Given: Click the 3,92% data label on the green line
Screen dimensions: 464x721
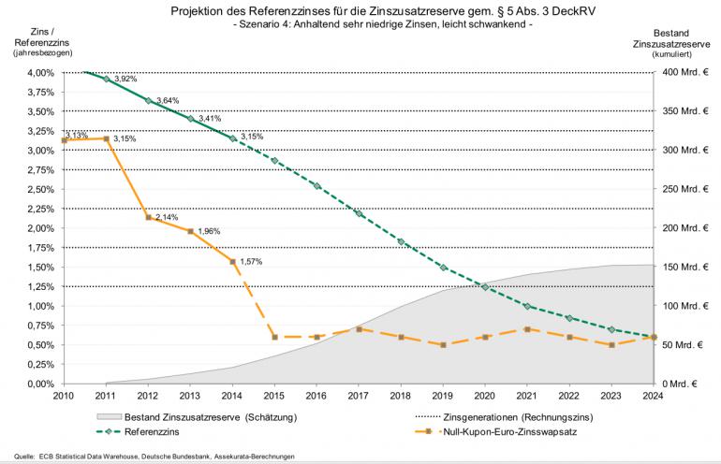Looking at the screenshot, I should pos(125,80).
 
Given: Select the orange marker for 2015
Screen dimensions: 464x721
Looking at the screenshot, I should pos(275,337).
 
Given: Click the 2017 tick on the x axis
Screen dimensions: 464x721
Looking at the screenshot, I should pos(359,397).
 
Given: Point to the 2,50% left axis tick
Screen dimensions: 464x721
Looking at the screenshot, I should pos(40,189).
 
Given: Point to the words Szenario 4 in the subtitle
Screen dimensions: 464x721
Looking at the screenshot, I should pos(268,25).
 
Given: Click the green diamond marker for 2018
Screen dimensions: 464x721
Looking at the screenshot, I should pos(401,241).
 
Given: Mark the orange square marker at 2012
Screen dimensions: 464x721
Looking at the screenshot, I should pos(149,217).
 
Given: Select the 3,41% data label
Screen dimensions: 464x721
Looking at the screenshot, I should pos(210,119).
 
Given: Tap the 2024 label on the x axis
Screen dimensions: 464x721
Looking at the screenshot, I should pos(653,397).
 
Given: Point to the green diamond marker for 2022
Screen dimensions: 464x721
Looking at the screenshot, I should pos(568,318).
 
